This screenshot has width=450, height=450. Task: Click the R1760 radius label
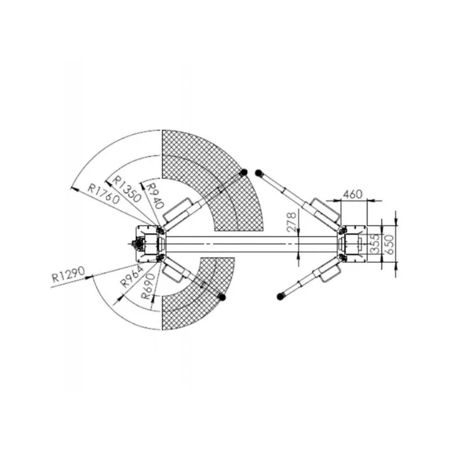pyautogui.click(x=103, y=194)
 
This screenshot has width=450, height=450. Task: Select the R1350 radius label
pyautogui.click(x=127, y=188)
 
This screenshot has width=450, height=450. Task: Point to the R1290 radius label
pyautogui.click(x=69, y=274)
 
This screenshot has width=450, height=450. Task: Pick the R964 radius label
pyautogui.click(x=132, y=276)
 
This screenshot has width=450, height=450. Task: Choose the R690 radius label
pyautogui.click(x=148, y=286)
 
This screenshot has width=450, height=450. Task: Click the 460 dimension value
pyautogui.click(x=353, y=194)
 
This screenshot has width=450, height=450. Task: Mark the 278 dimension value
pyautogui.click(x=291, y=222)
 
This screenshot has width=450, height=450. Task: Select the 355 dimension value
pyautogui.click(x=375, y=244)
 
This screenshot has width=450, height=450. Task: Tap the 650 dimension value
pyautogui.click(x=389, y=244)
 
